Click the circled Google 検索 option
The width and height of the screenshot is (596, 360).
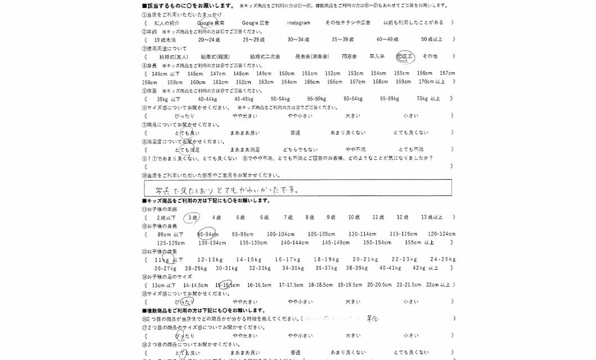pyautogui.click(x=210, y=23)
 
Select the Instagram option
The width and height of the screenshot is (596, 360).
pyautogui.click(x=299, y=23)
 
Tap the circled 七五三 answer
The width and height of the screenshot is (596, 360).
pyautogui.click(x=405, y=56)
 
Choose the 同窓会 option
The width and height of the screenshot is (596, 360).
pyautogui.click(x=349, y=57)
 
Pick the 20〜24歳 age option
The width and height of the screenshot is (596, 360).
pyautogui.click(x=209, y=40)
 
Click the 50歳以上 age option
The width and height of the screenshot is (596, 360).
pyautogui.click(x=432, y=40)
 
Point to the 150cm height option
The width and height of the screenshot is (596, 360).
pyautogui.click(x=287, y=74)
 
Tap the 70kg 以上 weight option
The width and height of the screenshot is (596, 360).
pyautogui.click(x=428, y=99)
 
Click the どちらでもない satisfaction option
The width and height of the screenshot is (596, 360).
pyautogui.click(x=300, y=150)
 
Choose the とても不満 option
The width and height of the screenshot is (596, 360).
pyautogui.click(x=411, y=150)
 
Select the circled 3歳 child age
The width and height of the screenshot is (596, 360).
pyautogui.click(x=193, y=218)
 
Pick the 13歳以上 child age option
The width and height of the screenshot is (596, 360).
pyautogui.click(x=432, y=218)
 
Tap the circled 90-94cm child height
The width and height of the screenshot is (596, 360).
pyautogui.click(x=208, y=235)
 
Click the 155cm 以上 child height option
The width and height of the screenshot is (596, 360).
pyautogui.click(x=419, y=243)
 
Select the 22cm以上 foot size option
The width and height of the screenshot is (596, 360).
pyautogui.click(x=438, y=285)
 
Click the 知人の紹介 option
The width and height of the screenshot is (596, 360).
pyautogui.click(x=167, y=23)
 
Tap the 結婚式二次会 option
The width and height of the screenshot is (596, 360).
pyautogui.click(x=265, y=57)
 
